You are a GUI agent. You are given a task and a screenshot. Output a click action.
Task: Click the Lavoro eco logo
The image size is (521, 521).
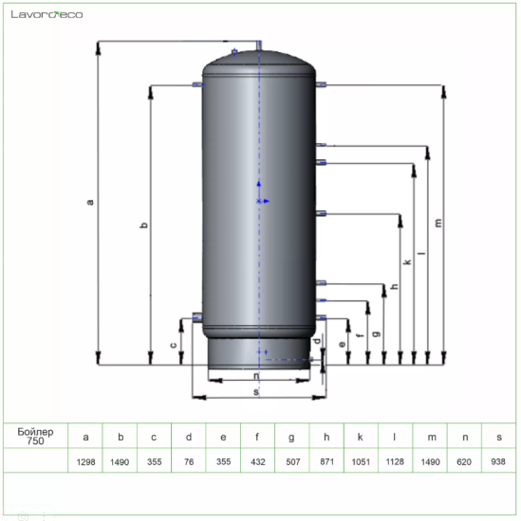click(x=47, y=14)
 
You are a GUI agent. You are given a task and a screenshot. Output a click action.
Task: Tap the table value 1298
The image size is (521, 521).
click(x=86, y=462)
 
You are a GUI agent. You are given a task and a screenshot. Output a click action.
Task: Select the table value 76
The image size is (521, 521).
click(x=189, y=462)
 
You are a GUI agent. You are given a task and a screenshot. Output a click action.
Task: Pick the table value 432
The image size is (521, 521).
click(x=258, y=462)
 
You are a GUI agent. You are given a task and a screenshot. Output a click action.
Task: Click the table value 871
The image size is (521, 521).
click(x=326, y=462)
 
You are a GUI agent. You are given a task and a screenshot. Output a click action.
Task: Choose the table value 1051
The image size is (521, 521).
click(x=361, y=462)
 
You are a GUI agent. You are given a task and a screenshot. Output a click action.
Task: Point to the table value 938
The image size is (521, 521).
click(x=498, y=462)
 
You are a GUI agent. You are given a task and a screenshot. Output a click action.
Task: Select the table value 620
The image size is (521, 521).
click(x=464, y=462)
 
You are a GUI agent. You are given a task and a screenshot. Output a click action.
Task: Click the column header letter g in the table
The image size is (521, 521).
click(x=291, y=438)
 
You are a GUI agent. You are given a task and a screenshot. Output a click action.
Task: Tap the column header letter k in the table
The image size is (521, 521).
click(x=360, y=437)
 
